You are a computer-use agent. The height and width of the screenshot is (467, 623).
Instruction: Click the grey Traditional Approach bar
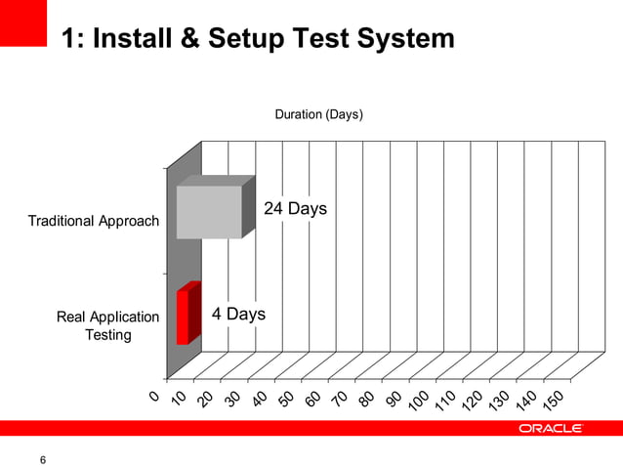(209, 212)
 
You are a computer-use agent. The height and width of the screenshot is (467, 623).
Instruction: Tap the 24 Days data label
(295, 209)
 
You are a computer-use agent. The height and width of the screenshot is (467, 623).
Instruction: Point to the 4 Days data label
(238, 314)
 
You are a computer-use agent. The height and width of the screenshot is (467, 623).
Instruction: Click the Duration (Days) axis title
(318, 114)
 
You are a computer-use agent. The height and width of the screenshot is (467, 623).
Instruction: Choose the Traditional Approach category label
(94, 221)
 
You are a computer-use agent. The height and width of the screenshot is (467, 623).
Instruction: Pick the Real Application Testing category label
(107, 325)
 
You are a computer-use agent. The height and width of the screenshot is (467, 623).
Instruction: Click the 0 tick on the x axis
(154, 395)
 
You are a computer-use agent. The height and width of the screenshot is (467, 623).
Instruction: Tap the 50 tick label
(285, 401)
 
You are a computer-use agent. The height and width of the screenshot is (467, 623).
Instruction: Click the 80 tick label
(366, 401)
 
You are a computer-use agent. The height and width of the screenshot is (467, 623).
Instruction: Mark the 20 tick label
(205, 401)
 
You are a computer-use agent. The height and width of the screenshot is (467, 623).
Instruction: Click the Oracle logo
(551, 428)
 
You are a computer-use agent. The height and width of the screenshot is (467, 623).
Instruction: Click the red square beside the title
(23, 22)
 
